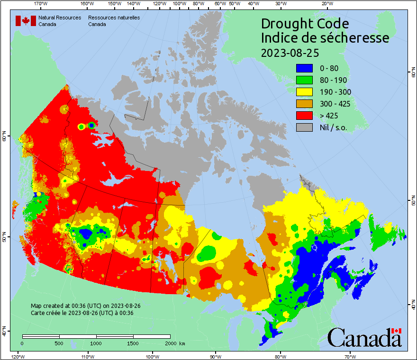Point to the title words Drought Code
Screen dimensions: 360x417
(x=305, y=24)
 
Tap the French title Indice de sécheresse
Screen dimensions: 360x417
(x=325, y=38)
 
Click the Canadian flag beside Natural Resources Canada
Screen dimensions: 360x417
(x=26, y=21)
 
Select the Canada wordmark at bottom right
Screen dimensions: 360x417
(x=364, y=337)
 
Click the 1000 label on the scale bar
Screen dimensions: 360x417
(x=96, y=343)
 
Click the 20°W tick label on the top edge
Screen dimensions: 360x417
(x=326, y=4)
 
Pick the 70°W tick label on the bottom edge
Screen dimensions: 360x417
(x=350, y=356)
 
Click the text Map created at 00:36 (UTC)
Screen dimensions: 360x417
(x=85, y=306)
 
